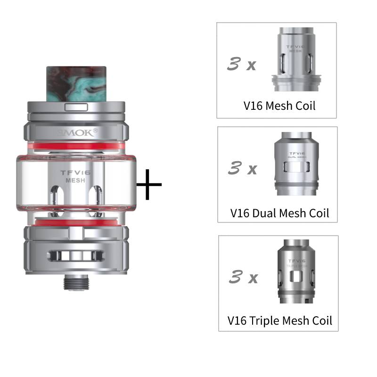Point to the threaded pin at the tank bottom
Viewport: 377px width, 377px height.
[x=75, y=282]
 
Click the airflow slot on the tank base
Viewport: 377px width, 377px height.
[x=76, y=255]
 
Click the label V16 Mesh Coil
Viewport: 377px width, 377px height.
[x=279, y=106]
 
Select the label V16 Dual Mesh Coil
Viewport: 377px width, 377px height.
[x=279, y=213]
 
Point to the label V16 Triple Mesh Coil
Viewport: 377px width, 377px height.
[x=279, y=321]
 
